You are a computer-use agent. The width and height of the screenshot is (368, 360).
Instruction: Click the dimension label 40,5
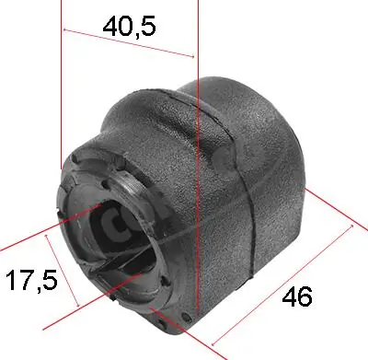(129, 26)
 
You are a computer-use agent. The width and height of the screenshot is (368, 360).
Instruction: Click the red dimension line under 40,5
(129, 43)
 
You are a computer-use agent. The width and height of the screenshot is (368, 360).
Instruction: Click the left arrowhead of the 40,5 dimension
(66, 32)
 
